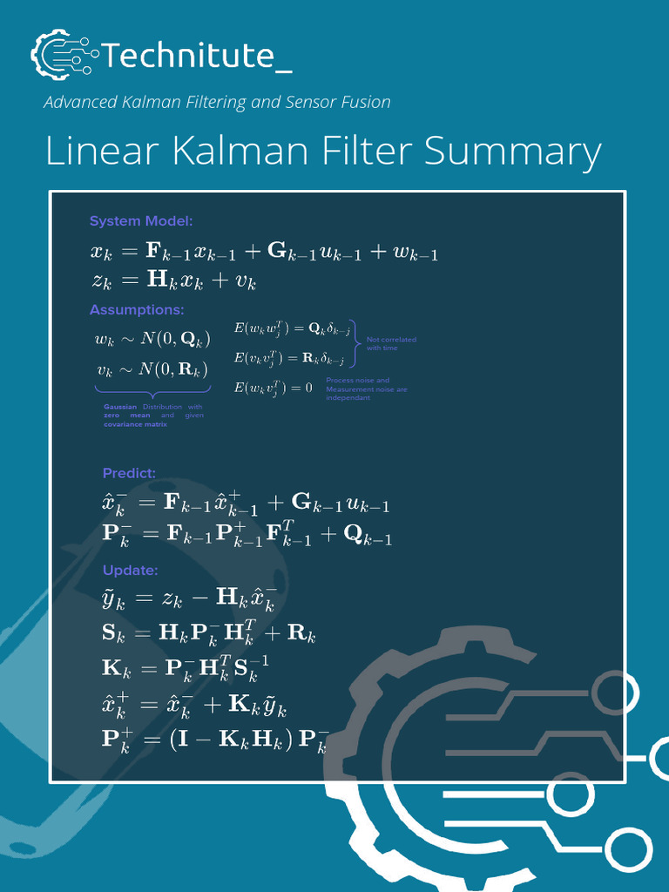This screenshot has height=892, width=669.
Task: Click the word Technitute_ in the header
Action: pyautogui.click(x=197, y=57)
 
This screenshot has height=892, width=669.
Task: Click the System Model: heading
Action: pyautogui.click(x=141, y=221)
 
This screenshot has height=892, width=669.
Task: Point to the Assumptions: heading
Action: pyautogui.click(x=137, y=310)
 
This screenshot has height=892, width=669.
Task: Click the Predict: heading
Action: pyautogui.click(x=129, y=474)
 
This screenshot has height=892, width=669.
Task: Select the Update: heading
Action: pyautogui.click(x=130, y=571)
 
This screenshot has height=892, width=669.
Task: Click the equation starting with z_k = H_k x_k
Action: pyautogui.click(x=173, y=281)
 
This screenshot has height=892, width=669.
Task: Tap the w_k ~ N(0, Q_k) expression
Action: pyautogui.click(x=152, y=339)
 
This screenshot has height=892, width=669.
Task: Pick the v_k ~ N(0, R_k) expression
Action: pyautogui.click(x=152, y=370)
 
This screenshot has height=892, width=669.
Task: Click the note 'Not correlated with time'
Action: pyautogui.click(x=391, y=343)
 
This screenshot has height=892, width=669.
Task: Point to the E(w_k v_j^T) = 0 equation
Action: pyautogui.click(x=273, y=388)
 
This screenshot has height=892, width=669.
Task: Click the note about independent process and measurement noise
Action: pyautogui.click(x=366, y=389)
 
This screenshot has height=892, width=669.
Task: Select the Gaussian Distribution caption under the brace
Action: pyautogui.click(x=153, y=416)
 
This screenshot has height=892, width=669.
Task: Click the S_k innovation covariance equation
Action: pyautogui.click(x=209, y=634)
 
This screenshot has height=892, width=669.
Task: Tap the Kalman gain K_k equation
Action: pyautogui.click(x=186, y=668)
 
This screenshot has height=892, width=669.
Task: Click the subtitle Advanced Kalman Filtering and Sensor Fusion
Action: pyautogui.click(x=217, y=102)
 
